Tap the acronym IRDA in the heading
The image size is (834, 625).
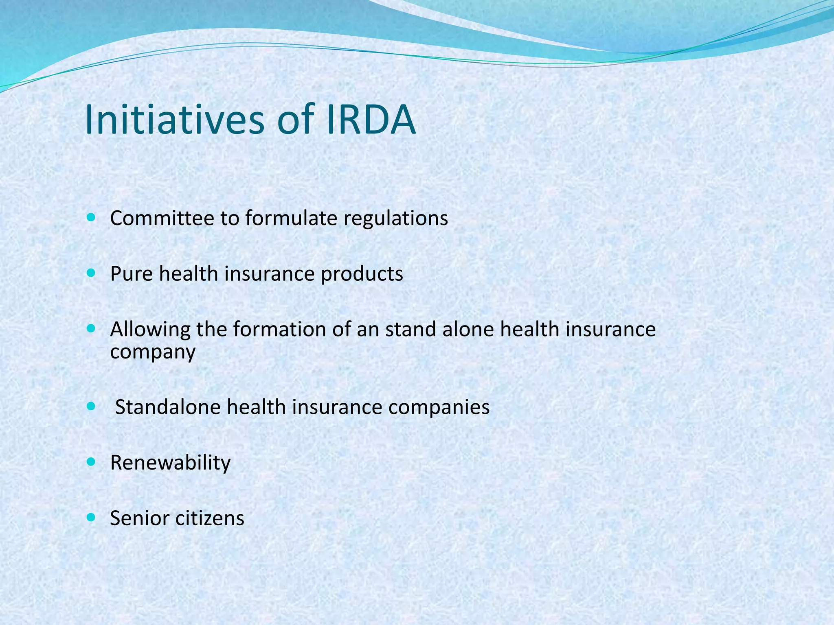(371, 120)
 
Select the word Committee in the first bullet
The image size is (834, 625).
(162, 218)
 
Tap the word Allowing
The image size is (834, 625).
(150, 330)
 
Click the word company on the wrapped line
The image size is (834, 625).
(153, 352)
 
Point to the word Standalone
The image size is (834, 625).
(167, 407)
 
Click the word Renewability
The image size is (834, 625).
(170, 463)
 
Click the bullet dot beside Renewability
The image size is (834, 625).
(91, 462)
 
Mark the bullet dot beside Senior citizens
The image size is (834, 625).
(91, 517)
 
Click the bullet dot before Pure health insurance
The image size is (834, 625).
(91, 273)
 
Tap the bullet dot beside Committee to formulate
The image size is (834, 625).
(91, 217)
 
